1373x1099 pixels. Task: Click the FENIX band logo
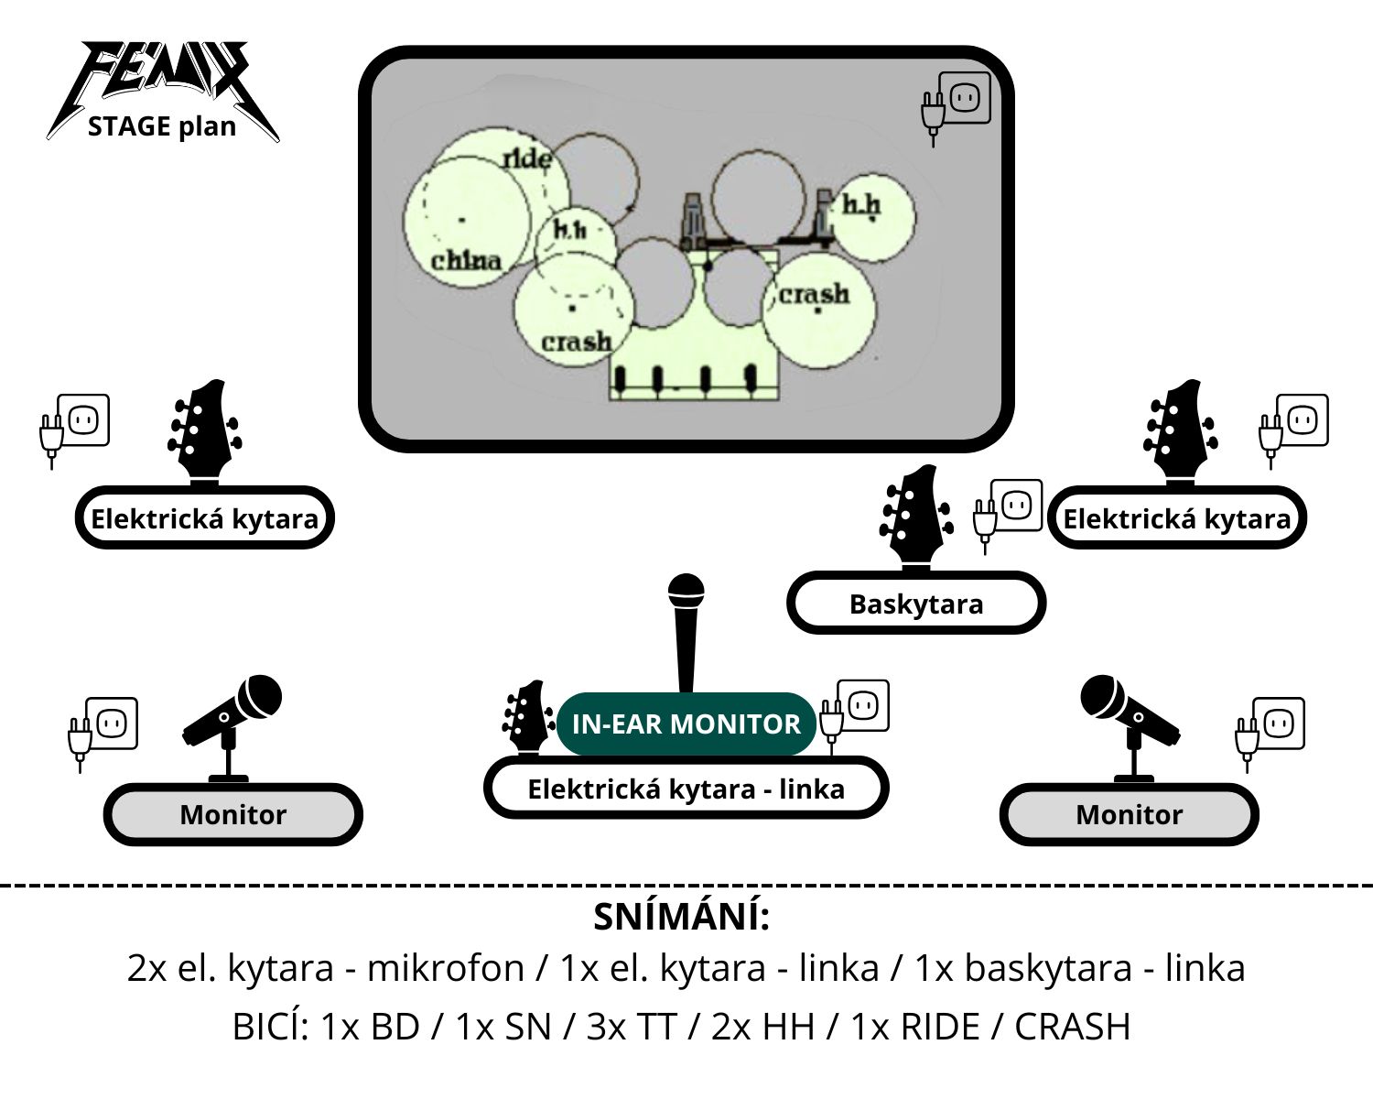(x=162, y=78)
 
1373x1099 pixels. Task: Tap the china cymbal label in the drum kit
(x=466, y=260)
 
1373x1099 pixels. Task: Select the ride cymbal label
(x=527, y=159)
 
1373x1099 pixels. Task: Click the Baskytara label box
(x=915, y=604)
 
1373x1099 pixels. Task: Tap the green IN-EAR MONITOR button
(x=686, y=724)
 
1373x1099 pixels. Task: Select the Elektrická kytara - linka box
(x=686, y=789)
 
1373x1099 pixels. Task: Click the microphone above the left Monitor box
(x=232, y=724)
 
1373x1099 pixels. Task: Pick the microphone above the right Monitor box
(x=1130, y=724)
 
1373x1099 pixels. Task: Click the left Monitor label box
(x=232, y=814)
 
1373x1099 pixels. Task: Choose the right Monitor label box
(x=1129, y=814)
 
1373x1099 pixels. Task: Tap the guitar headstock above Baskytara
(x=915, y=517)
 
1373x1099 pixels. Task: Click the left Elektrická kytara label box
(x=204, y=518)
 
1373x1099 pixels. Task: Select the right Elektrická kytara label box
(x=1176, y=518)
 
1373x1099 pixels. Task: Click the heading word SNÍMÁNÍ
(x=682, y=917)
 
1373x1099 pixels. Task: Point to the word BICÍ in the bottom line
(x=269, y=1027)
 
